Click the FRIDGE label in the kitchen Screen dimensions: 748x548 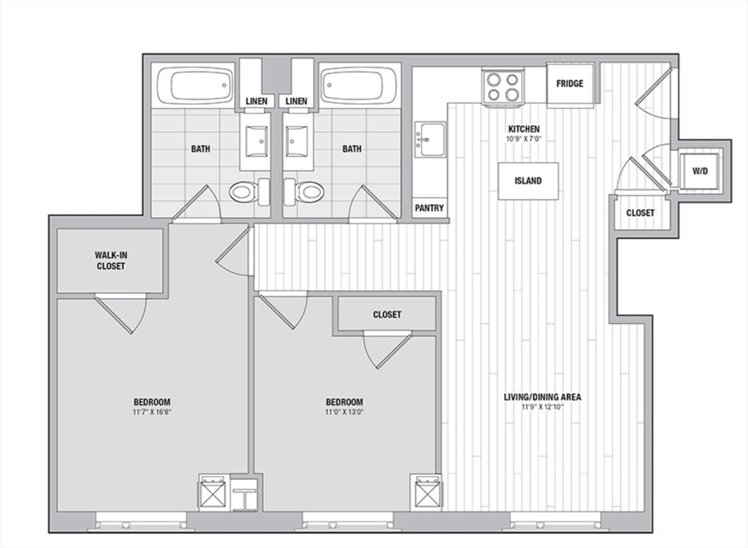[x=570, y=83]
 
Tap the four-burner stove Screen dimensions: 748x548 [x=503, y=86]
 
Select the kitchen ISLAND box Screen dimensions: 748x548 [x=528, y=181]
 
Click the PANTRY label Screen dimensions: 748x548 [x=430, y=208]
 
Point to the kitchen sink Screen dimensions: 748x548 [x=430, y=139]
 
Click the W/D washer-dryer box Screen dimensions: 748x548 [x=700, y=171]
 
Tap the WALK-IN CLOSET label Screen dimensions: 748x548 [x=111, y=261]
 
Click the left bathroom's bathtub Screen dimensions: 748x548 [x=195, y=85]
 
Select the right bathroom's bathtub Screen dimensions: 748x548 [x=358, y=85]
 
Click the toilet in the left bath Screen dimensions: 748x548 [x=249, y=191]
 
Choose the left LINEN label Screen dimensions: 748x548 [x=256, y=102]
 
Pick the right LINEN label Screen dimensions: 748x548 [x=297, y=102]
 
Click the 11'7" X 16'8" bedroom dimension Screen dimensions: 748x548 [x=152, y=412]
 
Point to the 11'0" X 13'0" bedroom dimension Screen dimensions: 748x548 [x=345, y=412]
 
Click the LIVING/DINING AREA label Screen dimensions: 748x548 [x=543, y=397]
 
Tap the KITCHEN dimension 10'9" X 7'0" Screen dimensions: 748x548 [x=524, y=139]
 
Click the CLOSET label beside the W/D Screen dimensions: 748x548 [x=640, y=213]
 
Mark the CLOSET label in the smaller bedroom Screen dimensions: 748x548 [x=387, y=315]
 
